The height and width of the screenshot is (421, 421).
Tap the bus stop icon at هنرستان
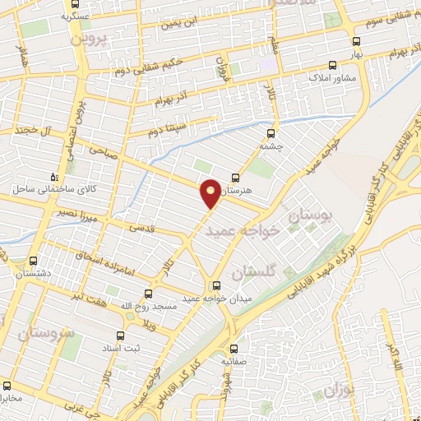[236, 178]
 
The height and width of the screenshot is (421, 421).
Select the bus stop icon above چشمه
[271, 130]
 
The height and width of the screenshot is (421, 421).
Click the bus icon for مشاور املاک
[331, 65]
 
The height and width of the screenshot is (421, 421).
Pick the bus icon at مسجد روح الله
[148, 293]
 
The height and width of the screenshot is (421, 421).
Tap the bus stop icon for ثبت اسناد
[120, 335]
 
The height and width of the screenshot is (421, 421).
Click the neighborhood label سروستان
[44, 333]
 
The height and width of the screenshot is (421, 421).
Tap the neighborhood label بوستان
[312, 216]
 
